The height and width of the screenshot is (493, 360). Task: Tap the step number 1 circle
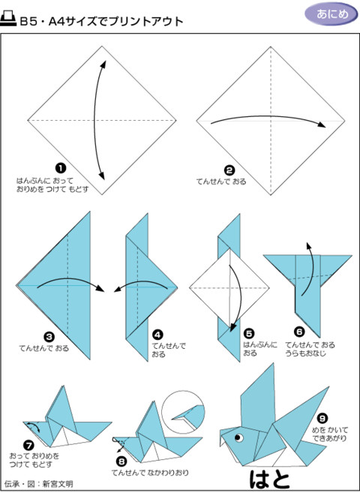pyautogui.click(x=60, y=170)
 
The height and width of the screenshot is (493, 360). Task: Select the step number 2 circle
pyautogui.click(x=229, y=170)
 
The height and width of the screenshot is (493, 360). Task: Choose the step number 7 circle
pyautogui.click(x=29, y=446)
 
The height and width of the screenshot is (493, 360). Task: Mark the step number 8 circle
pyautogui.click(x=121, y=461)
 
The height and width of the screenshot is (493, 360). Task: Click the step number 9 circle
pyautogui.click(x=322, y=418)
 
